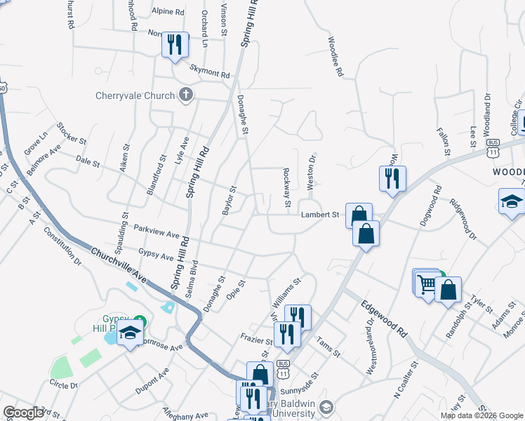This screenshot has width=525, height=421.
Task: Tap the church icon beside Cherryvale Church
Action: tap(185, 95)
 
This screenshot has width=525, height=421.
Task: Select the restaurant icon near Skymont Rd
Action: tap(173, 44)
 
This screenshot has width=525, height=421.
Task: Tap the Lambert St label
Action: tap(320, 215)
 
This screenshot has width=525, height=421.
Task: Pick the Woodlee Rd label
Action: tap(335, 58)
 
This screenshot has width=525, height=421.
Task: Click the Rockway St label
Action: tap(286, 188)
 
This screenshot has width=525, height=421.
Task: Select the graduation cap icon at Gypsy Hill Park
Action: tap(130, 334)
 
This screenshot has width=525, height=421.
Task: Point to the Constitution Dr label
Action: tap(62, 252)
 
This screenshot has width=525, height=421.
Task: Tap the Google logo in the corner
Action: tap(23, 413)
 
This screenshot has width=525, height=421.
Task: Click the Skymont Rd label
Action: tap(209, 72)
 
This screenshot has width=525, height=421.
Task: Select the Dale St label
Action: tap(87, 162)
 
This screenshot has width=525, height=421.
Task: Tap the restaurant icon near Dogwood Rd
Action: tap(392, 178)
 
